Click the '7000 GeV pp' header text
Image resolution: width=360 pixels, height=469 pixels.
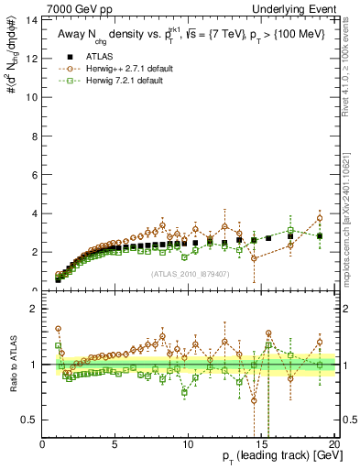point(75,8)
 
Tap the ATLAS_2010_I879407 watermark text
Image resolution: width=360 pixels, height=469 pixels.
point(189,273)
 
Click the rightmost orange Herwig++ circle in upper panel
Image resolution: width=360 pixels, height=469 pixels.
point(319,218)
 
